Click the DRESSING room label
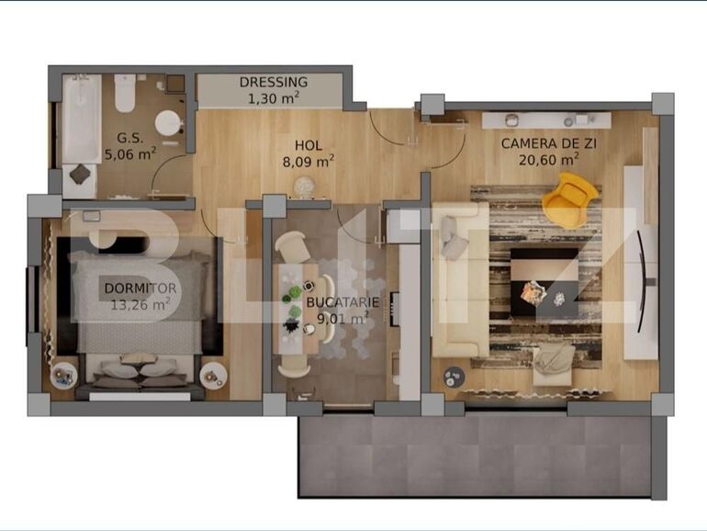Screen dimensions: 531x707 [274, 81]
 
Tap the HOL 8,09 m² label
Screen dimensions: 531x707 [308, 145]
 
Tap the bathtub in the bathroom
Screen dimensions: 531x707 [82, 119]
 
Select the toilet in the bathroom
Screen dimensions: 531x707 [126, 92]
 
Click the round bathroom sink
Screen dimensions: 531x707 [168, 123]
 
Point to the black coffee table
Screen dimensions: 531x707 [544, 280]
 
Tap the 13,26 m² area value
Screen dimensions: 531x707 [140, 304]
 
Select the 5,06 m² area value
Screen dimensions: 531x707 [129, 154]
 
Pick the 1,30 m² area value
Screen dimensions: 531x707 [274, 96]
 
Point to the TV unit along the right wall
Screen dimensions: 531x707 [640, 262]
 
